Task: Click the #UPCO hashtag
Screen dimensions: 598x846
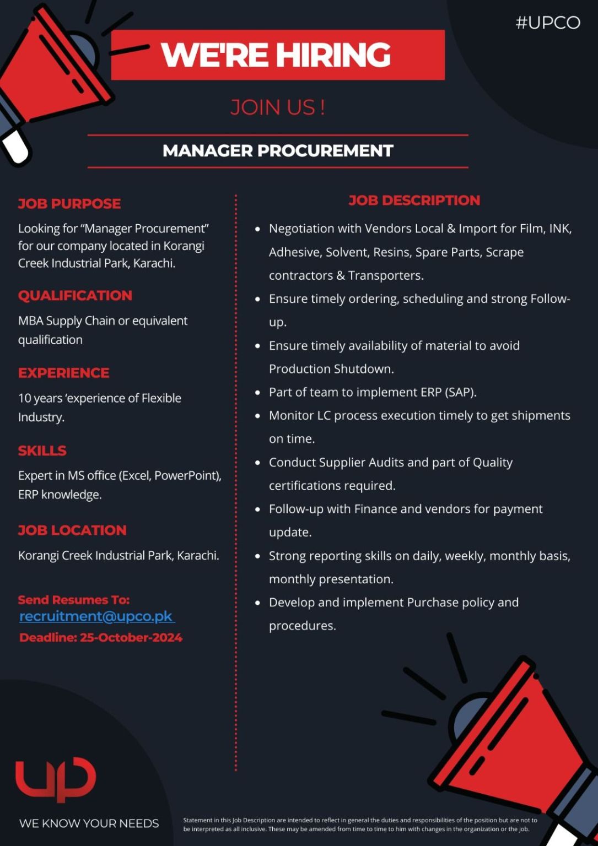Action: click(548, 23)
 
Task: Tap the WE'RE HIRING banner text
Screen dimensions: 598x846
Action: click(276, 55)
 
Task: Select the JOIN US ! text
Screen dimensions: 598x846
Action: click(277, 107)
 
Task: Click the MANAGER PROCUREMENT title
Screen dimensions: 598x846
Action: click(278, 151)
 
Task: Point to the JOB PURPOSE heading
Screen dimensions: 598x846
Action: click(69, 204)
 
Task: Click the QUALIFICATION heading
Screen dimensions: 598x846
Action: click(75, 295)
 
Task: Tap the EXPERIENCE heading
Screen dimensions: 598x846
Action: click(64, 373)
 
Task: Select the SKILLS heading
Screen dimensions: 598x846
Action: click(42, 451)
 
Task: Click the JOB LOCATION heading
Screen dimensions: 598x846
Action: click(72, 530)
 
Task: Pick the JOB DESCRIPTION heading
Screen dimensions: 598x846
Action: click(414, 200)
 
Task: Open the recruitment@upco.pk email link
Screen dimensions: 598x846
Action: click(97, 616)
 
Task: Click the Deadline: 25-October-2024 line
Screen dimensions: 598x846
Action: click(101, 637)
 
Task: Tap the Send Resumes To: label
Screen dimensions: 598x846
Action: click(74, 600)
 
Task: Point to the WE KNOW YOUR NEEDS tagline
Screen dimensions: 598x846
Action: click(89, 823)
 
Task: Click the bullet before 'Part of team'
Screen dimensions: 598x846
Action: click(258, 393)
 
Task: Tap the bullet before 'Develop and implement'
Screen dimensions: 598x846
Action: click(258, 603)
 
